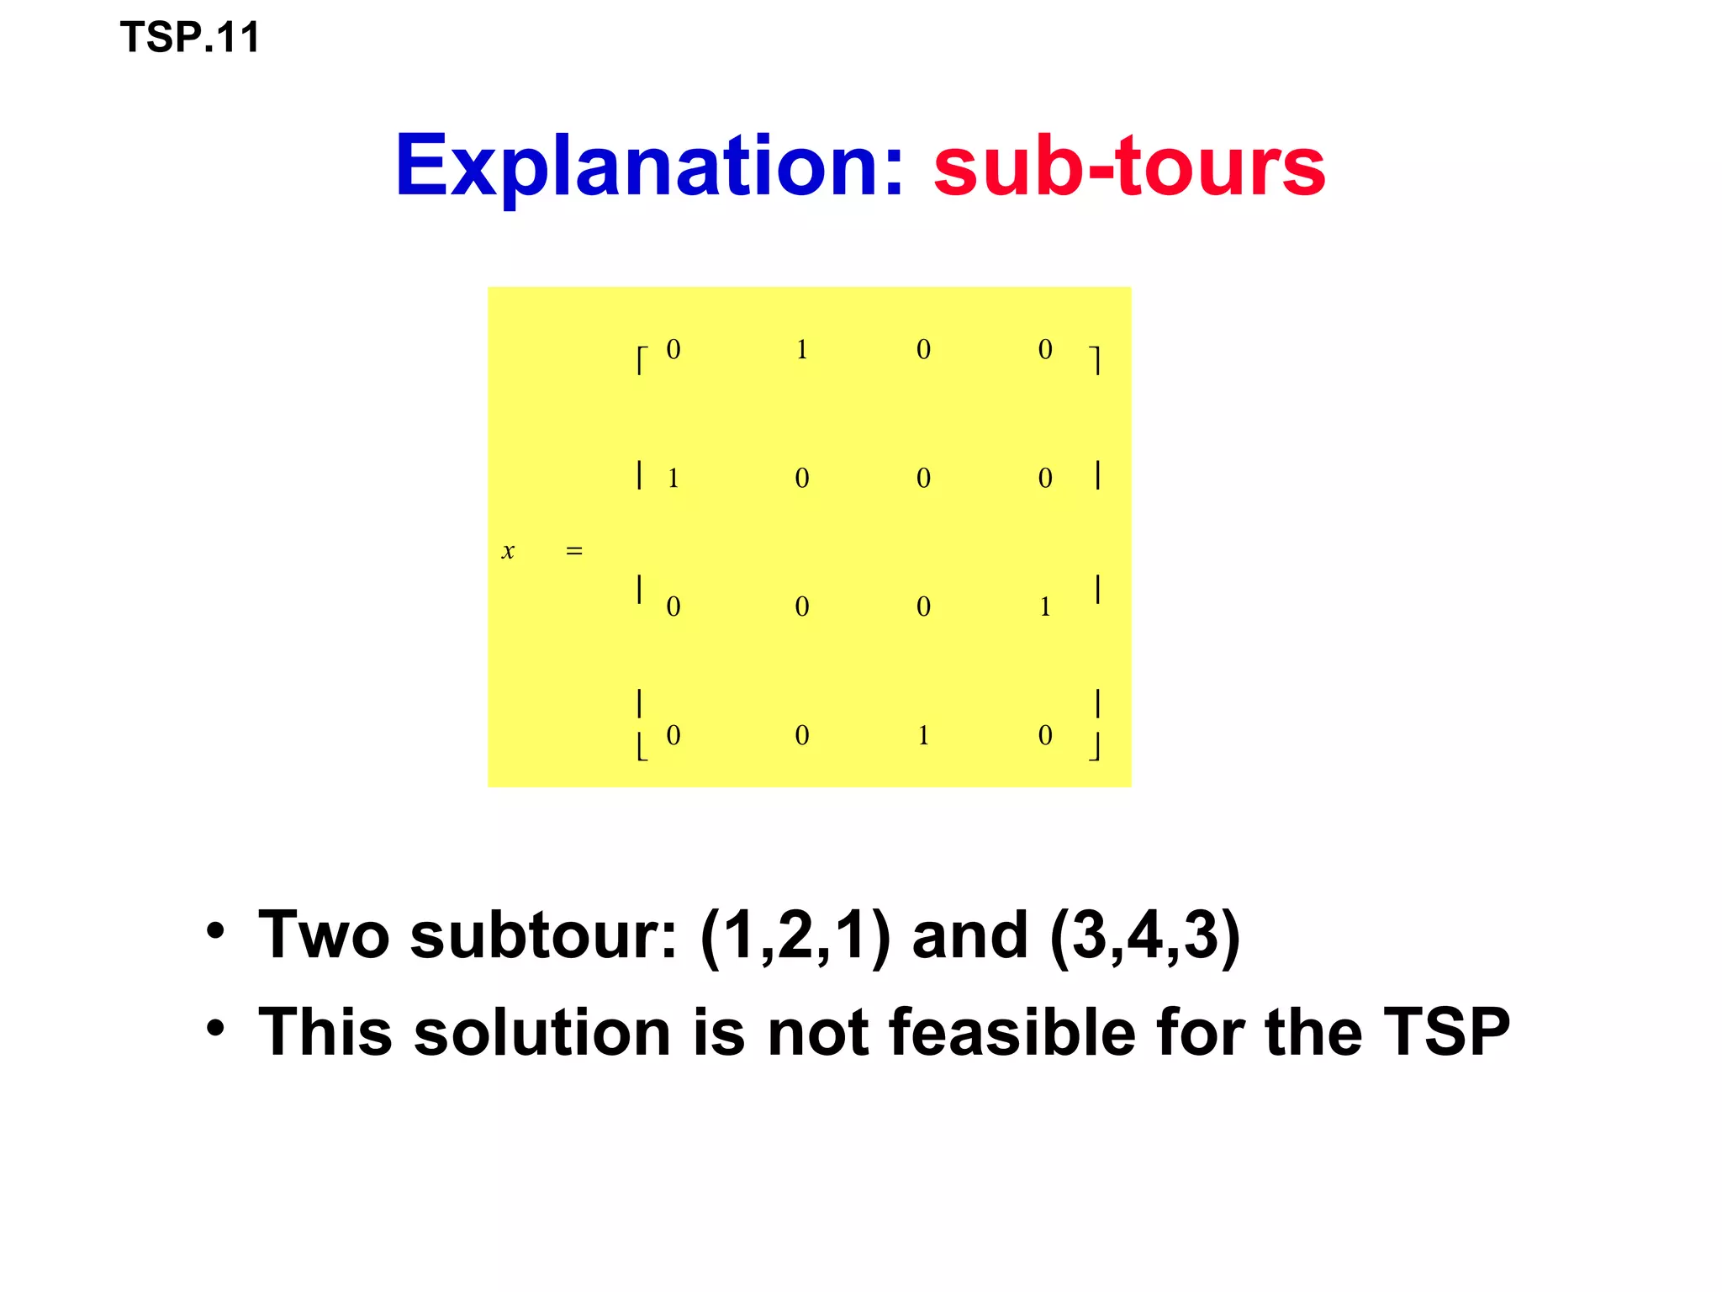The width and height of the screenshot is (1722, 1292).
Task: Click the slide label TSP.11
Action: (x=190, y=38)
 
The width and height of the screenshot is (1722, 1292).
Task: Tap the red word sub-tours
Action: (x=1129, y=167)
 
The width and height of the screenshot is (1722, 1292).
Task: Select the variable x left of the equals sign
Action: (x=508, y=552)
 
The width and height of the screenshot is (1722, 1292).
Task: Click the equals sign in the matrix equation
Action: (x=574, y=552)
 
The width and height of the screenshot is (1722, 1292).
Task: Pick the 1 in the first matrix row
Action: (x=802, y=349)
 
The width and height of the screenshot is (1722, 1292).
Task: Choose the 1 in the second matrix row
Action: (x=673, y=478)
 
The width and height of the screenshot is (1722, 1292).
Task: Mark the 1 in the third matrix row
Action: (x=1045, y=606)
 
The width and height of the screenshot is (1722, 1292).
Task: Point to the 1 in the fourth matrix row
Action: (x=923, y=735)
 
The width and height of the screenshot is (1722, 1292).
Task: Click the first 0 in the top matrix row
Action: (x=673, y=349)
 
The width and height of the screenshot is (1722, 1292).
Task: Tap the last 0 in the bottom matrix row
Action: (x=1045, y=735)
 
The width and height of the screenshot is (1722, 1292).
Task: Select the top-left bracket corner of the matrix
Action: (x=642, y=360)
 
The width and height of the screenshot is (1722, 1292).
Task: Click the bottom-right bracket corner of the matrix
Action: (x=1095, y=747)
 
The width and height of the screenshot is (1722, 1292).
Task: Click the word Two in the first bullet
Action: (x=324, y=935)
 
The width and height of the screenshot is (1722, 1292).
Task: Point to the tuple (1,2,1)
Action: (x=795, y=935)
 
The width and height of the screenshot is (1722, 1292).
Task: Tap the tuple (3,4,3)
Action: (x=1145, y=935)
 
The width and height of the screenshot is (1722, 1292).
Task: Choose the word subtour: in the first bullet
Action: (x=543, y=935)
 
